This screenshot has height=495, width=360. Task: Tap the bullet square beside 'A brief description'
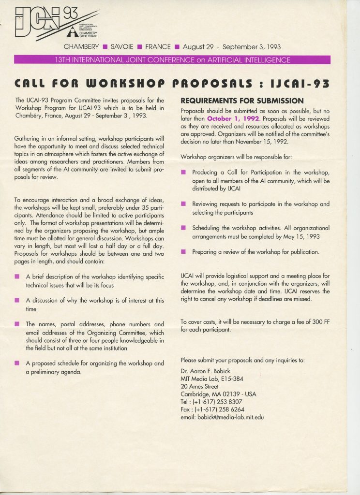point(17,277)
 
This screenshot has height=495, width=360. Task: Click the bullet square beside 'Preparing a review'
point(183,252)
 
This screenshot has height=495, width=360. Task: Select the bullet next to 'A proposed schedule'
point(17,363)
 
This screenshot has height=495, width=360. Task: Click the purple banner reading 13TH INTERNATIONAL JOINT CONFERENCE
point(173,60)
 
